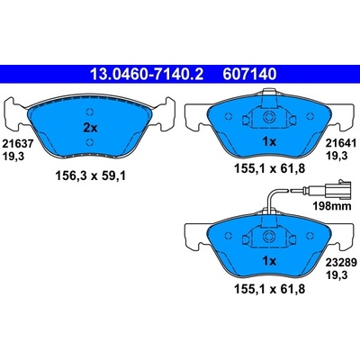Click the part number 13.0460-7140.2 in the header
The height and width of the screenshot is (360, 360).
[147, 74]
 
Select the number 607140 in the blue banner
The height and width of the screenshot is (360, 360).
[249, 74]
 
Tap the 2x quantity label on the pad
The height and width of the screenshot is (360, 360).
[90, 129]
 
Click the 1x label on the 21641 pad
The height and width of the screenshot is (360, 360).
[269, 142]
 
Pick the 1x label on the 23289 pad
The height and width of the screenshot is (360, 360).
[269, 262]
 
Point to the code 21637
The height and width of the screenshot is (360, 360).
[17, 144]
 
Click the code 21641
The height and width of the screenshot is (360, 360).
[342, 144]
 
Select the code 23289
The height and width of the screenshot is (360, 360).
[342, 263]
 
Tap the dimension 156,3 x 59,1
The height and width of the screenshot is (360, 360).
[90, 176]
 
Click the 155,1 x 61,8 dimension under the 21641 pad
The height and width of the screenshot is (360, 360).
[269, 168]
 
